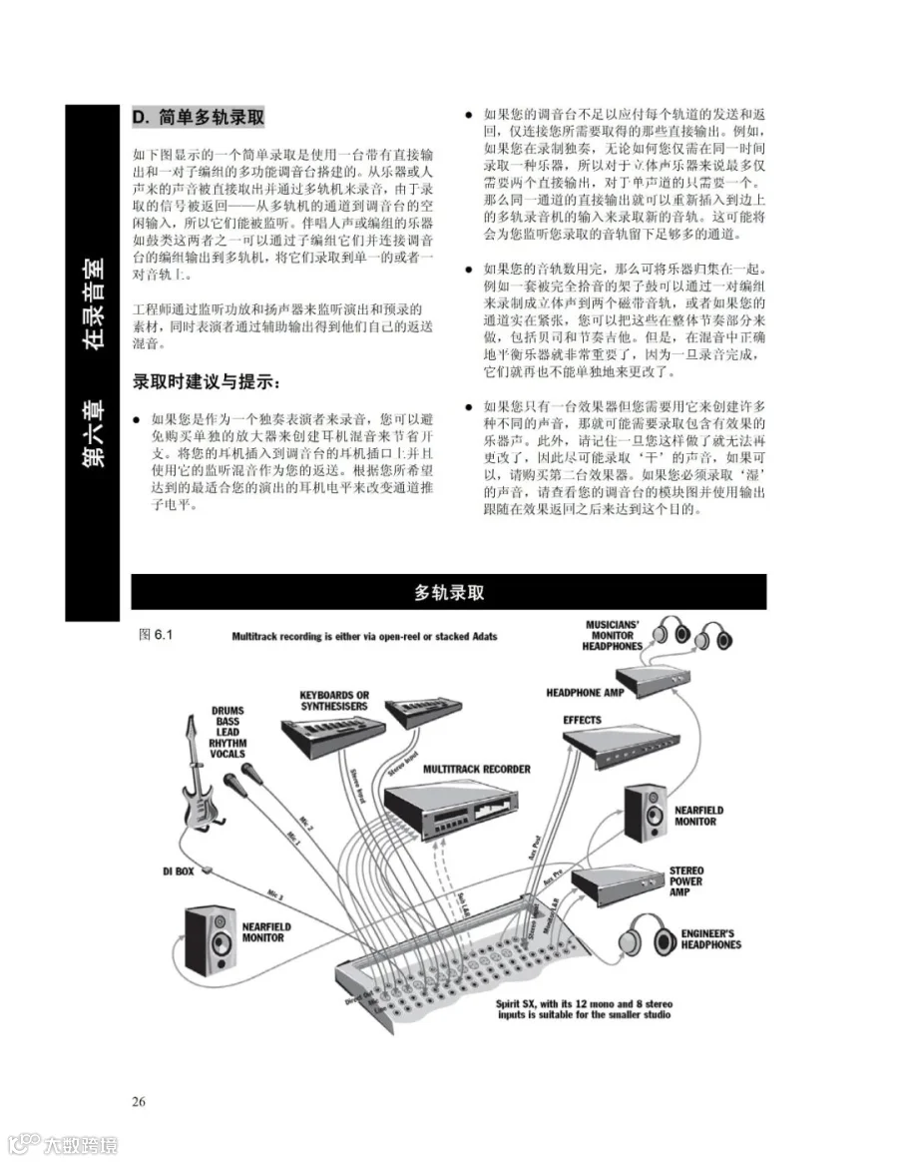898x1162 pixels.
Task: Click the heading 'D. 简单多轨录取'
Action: coord(199,118)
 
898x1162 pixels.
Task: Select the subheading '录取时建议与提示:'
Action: coord(207,382)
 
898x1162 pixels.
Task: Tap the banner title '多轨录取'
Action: coord(449,592)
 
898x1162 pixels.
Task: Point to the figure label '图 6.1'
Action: coord(157,634)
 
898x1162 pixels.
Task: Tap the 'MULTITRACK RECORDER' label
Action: coord(477,770)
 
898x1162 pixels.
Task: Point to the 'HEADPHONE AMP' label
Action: coord(587,692)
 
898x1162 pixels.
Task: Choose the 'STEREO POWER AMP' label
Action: coord(686,881)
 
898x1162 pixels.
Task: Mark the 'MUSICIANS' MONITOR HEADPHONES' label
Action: coord(613,636)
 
